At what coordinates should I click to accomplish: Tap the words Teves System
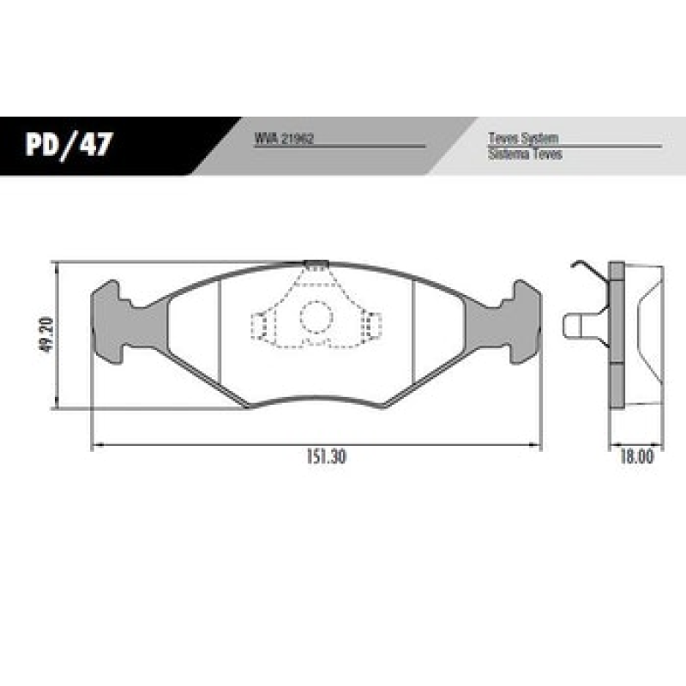(x=523, y=138)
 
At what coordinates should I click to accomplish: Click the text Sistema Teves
(x=525, y=155)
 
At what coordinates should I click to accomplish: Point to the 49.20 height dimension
(x=47, y=334)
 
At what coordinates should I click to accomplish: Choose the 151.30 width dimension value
(x=323, y=457)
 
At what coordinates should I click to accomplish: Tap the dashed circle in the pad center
(x=315, y=318)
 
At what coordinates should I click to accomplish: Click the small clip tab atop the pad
(x=316, y=263)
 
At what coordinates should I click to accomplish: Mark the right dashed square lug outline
(x=372, y=326)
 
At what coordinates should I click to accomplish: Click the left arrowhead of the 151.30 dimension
(x=96, y=445)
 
